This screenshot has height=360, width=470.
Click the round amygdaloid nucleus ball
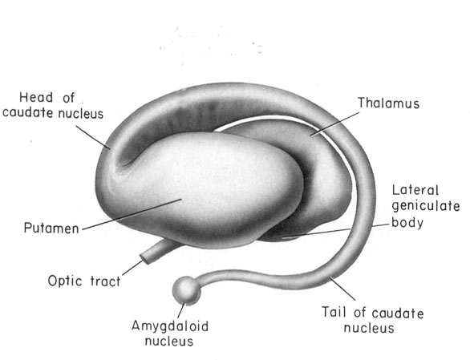pyautogui.click(x=186, y=290)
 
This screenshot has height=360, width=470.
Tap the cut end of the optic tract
pyautogui.click(x=145, y=258)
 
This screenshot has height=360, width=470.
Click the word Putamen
pyautogui.click(x=51, y=229)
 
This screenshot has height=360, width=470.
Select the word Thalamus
pyautogui.click(x=388, y=103)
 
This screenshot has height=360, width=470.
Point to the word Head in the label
pyautogui.click(x=36, y=98)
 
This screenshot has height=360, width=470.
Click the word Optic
pyautogui.click(x=65, y=281)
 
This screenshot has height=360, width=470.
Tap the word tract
pyautogui.click(x=105, y=281)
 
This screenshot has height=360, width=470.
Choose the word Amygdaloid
pyautogui.click(x=170, y=326)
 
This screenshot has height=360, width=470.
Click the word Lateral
pyautogui.click(x=415, y=190)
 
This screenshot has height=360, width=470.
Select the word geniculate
pyautogui.click(x=426, y=206)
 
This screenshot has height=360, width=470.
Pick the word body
pyautogui.click(x=407, y=222)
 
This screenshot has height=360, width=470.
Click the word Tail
pyautogui.click(x=334, y=312)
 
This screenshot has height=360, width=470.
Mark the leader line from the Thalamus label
pyautogui.click(x=334, y=124)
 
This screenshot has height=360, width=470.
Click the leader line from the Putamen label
pyautogui.click(x=132, y=214)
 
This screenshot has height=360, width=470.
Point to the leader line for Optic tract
pyautogui.click(x=132, y=268)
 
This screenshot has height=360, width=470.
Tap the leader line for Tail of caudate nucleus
pyautogui.click(x=342, y=289)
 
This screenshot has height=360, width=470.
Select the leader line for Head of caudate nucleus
pyautogui.click(x=93, y=137)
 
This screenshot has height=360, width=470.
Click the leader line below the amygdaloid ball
pyautogui.click(x=181, y=310)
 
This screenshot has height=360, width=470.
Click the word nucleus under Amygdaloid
pyautogui.click(x=169, y=342)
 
